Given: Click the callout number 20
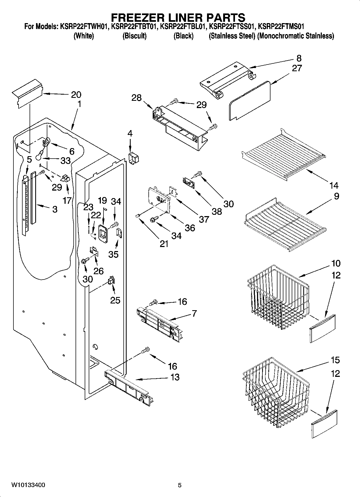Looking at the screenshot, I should click(x=76, y=94).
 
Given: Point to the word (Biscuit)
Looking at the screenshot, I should click(x=134, y=36).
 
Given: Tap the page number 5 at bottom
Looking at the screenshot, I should click(x=180, y=485).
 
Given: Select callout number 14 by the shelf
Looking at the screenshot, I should click(x=334, y=185).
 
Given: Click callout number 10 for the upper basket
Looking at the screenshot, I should click(x=336, y=263).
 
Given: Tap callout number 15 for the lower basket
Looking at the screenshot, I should click(x=335, y=360).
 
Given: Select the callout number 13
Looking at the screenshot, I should click(x=175, y=377).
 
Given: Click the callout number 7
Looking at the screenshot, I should click(x=194, y=313).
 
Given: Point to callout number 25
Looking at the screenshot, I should click(x=115, y=300).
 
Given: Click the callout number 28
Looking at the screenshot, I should click(x=137, y=98).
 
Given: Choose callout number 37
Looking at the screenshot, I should click(x=204, y=219).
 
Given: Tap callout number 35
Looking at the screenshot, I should click(x=113, y=254).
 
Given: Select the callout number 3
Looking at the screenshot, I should click(x=55, y=209).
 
